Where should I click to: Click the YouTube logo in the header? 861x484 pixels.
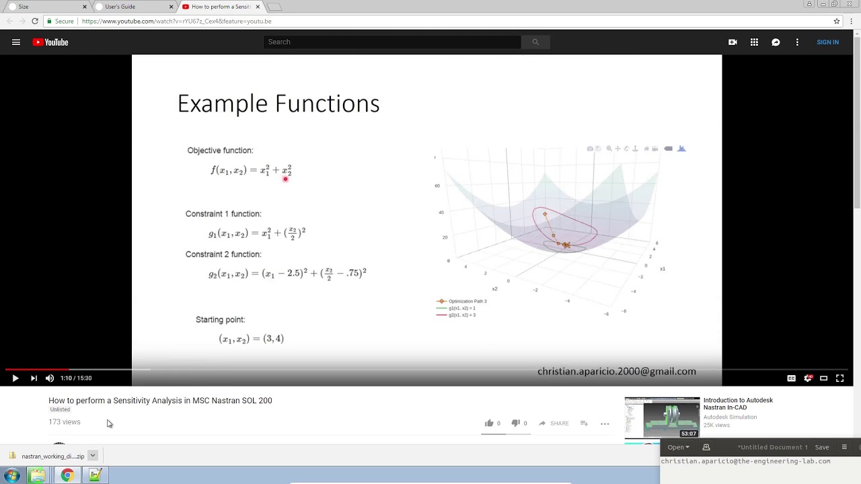pyautogui.click(x=50, y=42)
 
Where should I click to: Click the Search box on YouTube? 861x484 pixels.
pyautogui.click(x=392, y=42)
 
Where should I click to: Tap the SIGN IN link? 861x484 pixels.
pyautogui.click(x=827, y=42)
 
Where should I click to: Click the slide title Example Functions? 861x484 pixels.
pyautogui.click(x=278, y=104)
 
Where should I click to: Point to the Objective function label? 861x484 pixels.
pyautogui.click(x=220, y=151)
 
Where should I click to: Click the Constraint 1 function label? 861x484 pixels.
pyautogui.click(x=223, y=214)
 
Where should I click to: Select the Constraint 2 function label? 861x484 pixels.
pyautogui.click(x=223, y=254)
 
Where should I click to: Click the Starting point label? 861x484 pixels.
pyautogui.click(x=220, y=319)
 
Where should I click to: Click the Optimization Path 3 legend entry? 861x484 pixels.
pyautogui.click(x=467, y=301)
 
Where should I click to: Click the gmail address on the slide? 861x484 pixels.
pyautogui.click(x=616, y=371)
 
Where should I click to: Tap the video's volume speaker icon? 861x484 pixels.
pyautogui.click(x=50, y=378)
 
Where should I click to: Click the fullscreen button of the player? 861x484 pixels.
pyautogui.click(x=839, y=378)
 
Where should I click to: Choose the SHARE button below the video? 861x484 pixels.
pyautogui.click(x=554, y=424)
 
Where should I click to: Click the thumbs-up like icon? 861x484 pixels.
pyautogui.click(x=489, y=424)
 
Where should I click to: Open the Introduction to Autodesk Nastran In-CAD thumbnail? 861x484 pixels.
pyautogui.click(x=662, y=417)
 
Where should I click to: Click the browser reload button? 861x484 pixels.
pyautogui.click(x=35, y=22)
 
